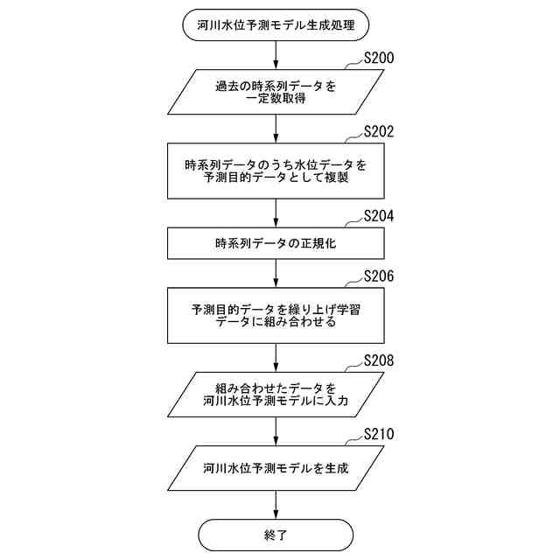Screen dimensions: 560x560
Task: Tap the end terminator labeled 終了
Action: pos(276,534)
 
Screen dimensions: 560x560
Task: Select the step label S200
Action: pos(378,59)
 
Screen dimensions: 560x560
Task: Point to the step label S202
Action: pos(378,133)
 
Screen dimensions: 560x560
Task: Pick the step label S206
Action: pos(378,276)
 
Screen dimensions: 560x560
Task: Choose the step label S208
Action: pos(378,360)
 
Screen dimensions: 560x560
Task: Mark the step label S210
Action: pos(378,435)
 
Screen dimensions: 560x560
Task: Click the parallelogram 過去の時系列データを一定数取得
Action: pos(276,92)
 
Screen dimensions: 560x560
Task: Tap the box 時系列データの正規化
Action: pos(276,243)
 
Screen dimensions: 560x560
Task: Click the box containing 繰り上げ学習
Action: pos(276,315)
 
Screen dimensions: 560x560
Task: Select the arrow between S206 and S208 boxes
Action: pos(276,357)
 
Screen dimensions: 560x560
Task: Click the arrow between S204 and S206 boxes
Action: pos(276,273)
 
